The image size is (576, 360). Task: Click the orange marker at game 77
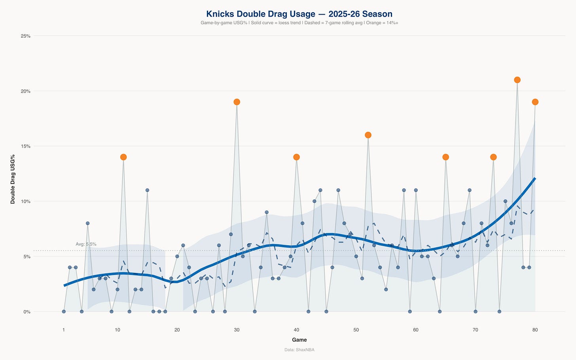click(x=517, y=80)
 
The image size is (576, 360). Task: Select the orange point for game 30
click(x=237, y=102)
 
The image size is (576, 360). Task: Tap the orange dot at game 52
click(x=368, y=135)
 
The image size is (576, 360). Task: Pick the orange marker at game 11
click(x=123, y=157)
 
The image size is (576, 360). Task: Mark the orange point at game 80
click(x=535, y=102)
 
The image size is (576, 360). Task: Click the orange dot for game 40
click(x=296, y=157)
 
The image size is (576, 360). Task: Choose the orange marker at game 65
click(x=445, y=157)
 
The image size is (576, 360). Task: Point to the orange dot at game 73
click(x=493, y=157)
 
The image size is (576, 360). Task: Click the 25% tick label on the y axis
click(x=26, y=36)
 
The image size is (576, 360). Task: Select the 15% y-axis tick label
click(x=26, y=146)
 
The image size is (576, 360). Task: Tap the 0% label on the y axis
click(x=27, y=312)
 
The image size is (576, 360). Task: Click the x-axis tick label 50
click(x=356, y=330)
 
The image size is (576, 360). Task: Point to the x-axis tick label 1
click(x=64, y=330)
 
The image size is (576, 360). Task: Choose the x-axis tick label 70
click(x=476, y=330)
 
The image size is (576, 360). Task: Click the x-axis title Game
click(x=299, y=340)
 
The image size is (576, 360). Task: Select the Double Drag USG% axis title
click(x=13, y=179)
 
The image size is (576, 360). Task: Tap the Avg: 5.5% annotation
click(x=86, y=244)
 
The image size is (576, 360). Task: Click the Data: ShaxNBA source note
click(x=299, y=350)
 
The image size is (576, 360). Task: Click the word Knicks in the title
click(x=220, y=14)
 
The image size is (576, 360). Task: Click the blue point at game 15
click(x=147, y=190)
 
